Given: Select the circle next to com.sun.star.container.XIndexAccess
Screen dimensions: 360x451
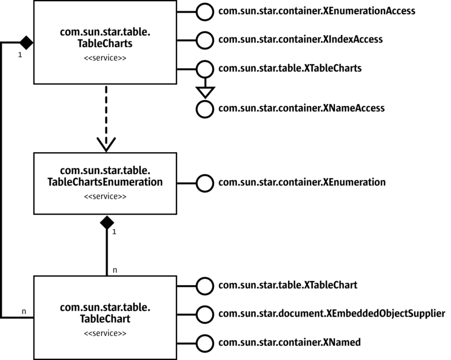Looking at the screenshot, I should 204,40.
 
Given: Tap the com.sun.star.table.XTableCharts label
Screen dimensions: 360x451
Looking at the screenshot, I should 290,68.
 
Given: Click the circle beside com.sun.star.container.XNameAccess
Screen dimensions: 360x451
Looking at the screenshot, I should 204,109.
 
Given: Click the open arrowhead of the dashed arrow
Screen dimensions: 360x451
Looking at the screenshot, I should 105,145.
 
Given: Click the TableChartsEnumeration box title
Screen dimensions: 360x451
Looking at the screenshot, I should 105,177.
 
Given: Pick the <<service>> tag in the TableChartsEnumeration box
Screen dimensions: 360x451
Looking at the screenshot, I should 105,197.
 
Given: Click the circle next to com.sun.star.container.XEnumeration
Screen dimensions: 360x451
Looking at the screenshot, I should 204,183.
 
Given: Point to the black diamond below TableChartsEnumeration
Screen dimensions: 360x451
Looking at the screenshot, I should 106,223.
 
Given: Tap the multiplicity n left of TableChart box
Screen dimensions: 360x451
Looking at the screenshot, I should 24,311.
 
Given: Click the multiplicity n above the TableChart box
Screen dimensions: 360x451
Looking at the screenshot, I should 115,270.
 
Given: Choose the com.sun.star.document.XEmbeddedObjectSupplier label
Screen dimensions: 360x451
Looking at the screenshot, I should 331,313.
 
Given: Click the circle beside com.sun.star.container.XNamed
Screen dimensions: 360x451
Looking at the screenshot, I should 204,341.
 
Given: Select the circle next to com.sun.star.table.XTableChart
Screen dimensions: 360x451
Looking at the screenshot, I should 204,285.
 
